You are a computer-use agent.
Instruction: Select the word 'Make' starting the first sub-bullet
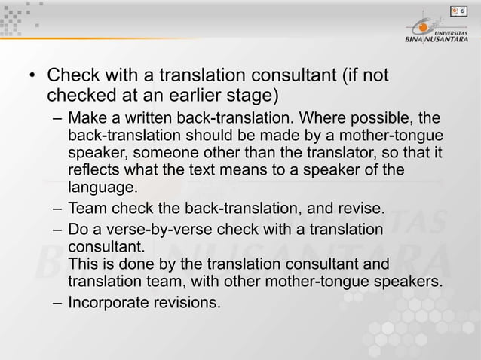pyautogui.click(x=85, y=120)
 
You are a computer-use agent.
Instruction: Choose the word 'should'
pyautogui.click(x=216, y=136)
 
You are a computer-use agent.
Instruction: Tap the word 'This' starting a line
pyautogui.click(x=82, y=264)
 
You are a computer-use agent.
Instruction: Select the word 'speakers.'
pyautogui.click(x=411, y=282)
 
